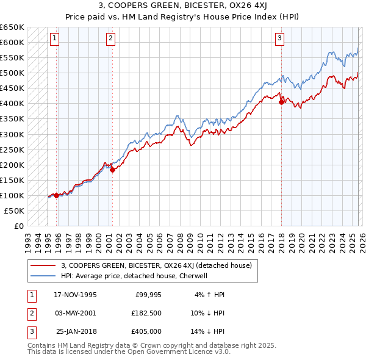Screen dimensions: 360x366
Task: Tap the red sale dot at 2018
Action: [x=281, y=103]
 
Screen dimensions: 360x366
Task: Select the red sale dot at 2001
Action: [x=112, y=170]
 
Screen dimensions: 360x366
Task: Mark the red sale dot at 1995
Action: [x=57, y=195]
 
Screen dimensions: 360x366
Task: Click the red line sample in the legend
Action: [x=43, y=265]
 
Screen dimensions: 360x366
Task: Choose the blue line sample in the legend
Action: [x=43, y=276]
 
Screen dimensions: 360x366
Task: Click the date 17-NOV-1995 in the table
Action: [x=75, y=295]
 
